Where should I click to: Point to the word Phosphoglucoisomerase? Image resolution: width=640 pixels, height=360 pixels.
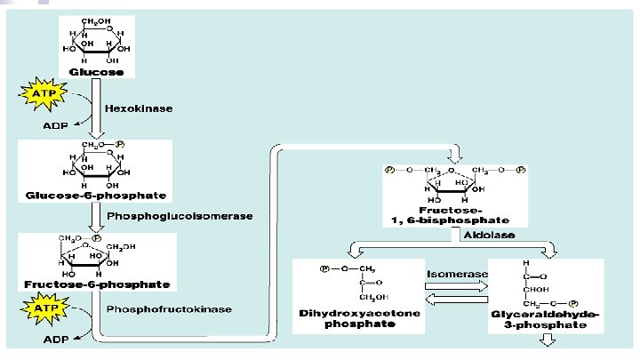[180, 216]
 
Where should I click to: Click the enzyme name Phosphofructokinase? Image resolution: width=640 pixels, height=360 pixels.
[170, 309]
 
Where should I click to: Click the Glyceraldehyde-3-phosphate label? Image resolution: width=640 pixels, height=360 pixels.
[544, 320]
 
